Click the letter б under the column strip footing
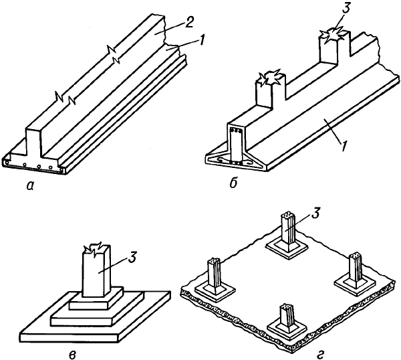pos(233,184)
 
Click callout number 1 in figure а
pos(202,41)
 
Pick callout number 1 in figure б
pos(344,146)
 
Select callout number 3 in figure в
pos(132,258)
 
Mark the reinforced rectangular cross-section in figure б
pos(236,145)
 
